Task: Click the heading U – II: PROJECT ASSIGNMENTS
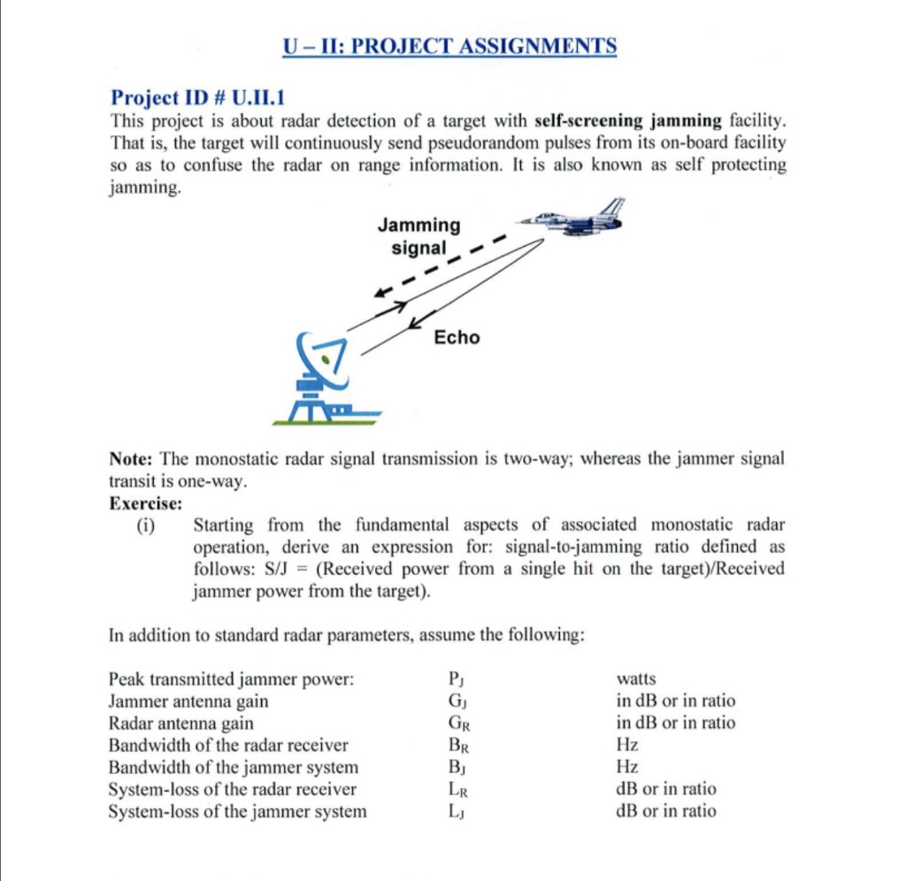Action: tap(450, 46)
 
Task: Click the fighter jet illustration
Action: tap(575, 218)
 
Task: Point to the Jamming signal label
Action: tap(418, 236)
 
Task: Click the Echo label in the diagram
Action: tap(457, 337)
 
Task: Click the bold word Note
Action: tap(132, 460)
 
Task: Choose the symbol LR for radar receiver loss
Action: tap(457, 789)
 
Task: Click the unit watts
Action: tap(635, 678)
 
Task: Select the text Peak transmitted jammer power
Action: tap(231, 679)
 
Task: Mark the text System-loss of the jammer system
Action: tap(236, 811)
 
